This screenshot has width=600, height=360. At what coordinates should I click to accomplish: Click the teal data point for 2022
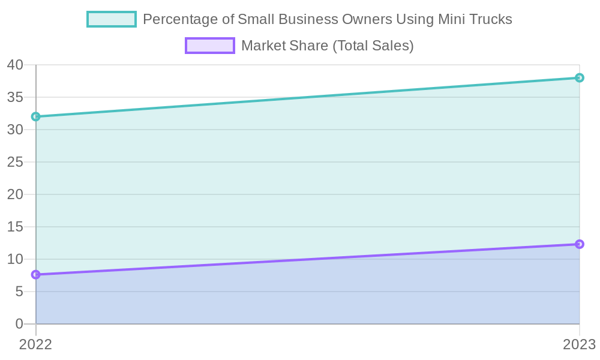pyautogui.click(x=36, y=116)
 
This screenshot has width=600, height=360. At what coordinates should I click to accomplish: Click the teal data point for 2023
pyautogui.click(x=580, y=77)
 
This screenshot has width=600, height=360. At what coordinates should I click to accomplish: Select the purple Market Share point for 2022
pyautogui.click(x=36, y=275)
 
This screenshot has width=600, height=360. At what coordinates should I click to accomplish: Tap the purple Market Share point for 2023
pyautogui.click(x=580, y=244)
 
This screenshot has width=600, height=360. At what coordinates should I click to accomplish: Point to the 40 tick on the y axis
pyautogui.click(x=15, y=65)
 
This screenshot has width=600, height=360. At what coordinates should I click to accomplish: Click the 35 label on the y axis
pyautogui.click(x=15, y=97)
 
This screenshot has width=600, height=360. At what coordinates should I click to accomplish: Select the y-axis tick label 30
pyautogui.click(x=15, y=130)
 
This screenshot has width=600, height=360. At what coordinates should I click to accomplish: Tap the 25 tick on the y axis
pyautogui.click(x=15, y=162)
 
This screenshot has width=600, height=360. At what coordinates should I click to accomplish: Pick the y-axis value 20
pyautogui.click(x=15, y=194)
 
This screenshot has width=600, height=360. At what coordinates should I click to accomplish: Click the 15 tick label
pyautogui.click(x=15, y=227)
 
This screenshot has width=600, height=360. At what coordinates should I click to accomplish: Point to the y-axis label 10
pyautogui.click(x=15, y=259)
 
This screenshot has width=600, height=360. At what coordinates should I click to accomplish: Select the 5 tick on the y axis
pyautogui.click(x=19, y=292)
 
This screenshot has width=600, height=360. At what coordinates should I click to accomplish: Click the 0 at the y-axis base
pyautogui.click(x=19, y=324)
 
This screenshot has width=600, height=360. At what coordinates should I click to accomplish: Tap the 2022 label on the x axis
pyautogui.click(x=36, y=344)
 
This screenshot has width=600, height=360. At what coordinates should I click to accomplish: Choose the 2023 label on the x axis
pyautogui.click(x=578, y=344)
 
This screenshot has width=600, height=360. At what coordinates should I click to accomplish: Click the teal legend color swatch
pyautogui.click(x=112, y=19)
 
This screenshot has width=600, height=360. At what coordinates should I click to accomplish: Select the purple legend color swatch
pyautogui.click(x=210, y=46)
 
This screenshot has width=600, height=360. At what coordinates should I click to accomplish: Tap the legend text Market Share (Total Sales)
pyautogui.click(x=327, y=46)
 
